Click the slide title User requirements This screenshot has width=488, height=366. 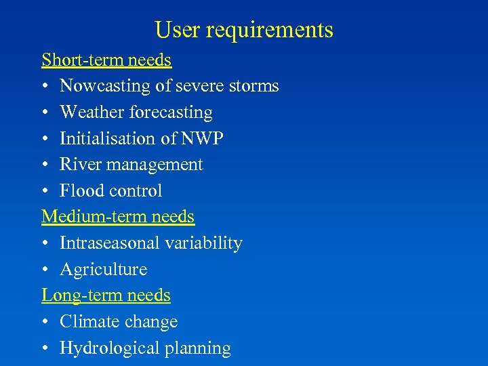(244, 30)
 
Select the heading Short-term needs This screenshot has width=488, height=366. (106, 60)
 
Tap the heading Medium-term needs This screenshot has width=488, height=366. (118, 217)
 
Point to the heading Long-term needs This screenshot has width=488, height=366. (106, 296)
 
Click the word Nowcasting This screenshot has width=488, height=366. (104, 87)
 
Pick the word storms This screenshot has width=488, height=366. (253, 87)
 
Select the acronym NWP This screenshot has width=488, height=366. (202, 139)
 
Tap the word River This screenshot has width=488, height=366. (77, 165)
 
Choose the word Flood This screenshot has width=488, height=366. (78, 191)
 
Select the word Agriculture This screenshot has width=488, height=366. (103, 270)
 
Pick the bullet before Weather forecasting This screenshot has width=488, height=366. (45, 113)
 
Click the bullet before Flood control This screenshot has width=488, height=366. (45, 192)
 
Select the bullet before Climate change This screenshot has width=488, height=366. (45, 323)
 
